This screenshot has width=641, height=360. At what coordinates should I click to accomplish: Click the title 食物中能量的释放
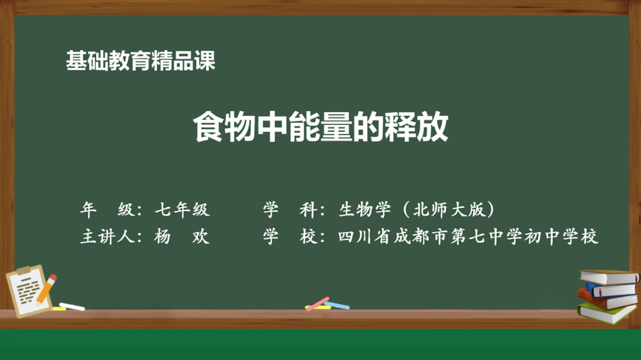coord(320,127)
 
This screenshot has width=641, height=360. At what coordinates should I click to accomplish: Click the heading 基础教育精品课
coord(141,62)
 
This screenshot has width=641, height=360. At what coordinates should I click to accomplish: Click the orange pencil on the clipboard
coord(45,290)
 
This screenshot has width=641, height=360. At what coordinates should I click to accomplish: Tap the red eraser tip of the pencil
coord(53,278)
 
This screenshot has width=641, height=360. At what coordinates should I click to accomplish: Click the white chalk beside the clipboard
coord(72,307)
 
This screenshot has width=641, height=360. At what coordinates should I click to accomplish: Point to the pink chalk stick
coord(318,303)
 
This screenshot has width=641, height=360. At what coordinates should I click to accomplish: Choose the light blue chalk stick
coord(337,305)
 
